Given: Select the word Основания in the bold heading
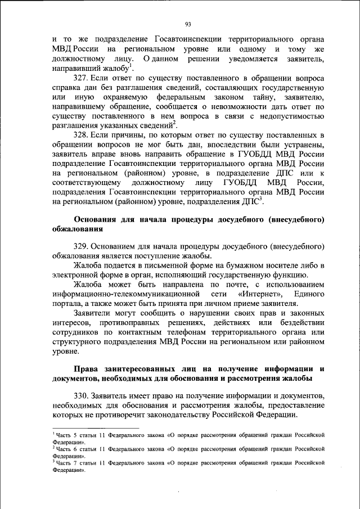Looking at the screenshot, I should [96, 219].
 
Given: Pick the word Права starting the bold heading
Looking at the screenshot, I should [88, 368].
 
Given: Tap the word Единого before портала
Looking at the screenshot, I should [308, 294].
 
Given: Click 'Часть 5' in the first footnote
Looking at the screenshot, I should [66, 435].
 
